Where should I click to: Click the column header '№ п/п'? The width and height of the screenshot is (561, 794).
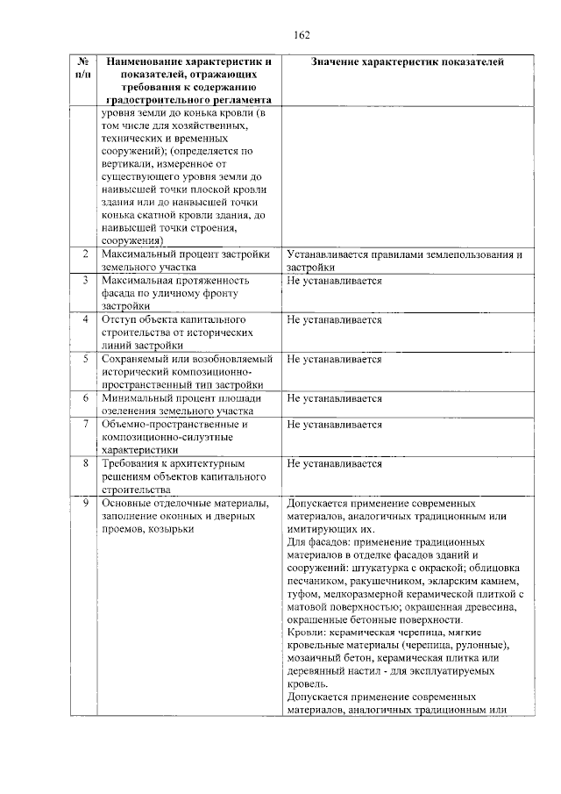pyautogui.click(x=83, y=69)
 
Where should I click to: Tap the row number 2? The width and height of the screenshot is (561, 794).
pyautogui.click(x=84, y=254)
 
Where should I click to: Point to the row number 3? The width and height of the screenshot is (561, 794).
pyautogui.click(x=84, y=281)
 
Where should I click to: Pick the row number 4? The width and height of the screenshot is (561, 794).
pyautogui.click(x=84, y=319)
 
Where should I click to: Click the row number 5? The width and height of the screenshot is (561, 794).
pyautogui.click(x=84, y=359)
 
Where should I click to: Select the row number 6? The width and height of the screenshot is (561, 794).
pyautogui.click(x=84, y=397)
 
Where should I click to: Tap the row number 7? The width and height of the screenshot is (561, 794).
pyautogui.click(x=84, y=424)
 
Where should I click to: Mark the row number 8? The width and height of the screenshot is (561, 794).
pyautogui.click(x=84, y=462)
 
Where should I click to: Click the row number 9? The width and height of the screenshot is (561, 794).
pyautogui.click(x=84, y=503)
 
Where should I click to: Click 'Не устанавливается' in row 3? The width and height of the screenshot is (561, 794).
pyautogui.click(x=334, y=281)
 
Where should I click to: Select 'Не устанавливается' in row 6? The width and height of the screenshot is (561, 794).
pyautogui.click(x=334, y=397)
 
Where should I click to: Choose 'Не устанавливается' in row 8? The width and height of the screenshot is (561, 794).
pyautogui.click(x=334, y=462)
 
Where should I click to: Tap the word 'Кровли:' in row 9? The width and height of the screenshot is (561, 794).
pyautogui.click(x=306, y=633)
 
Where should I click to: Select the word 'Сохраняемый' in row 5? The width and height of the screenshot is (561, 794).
pyautogui.click(x=136, y=359)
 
